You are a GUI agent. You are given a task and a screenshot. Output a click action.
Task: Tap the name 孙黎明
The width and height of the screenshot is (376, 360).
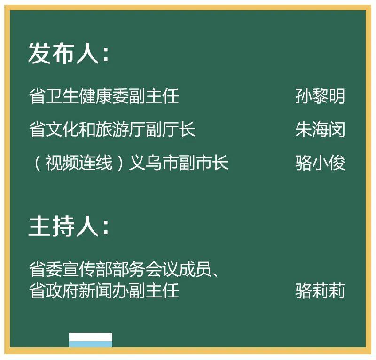coord(320,96)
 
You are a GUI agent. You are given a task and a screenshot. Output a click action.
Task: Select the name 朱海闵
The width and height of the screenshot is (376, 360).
coord(320,129)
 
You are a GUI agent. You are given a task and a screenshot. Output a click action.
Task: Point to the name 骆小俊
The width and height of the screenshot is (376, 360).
coord(320,163)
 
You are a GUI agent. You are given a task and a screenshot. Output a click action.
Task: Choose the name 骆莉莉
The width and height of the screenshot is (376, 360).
coord(320,291)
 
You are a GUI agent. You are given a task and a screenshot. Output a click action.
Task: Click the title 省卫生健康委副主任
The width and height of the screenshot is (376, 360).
coord(104,96)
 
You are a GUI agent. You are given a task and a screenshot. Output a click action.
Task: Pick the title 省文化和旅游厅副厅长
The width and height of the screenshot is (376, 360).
coord(112,129)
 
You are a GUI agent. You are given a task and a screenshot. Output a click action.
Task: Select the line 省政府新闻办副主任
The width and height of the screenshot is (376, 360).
coord(104,291)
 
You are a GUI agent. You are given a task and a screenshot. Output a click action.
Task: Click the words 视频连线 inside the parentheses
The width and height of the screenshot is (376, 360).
coord(79,163)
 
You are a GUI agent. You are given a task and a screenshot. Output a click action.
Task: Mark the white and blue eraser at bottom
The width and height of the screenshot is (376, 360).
coord(91,340)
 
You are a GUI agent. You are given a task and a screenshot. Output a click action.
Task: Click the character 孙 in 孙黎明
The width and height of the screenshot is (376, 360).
coord(303,96)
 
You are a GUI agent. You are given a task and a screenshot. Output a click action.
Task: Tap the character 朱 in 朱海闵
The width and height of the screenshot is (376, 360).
coord(303,129)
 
